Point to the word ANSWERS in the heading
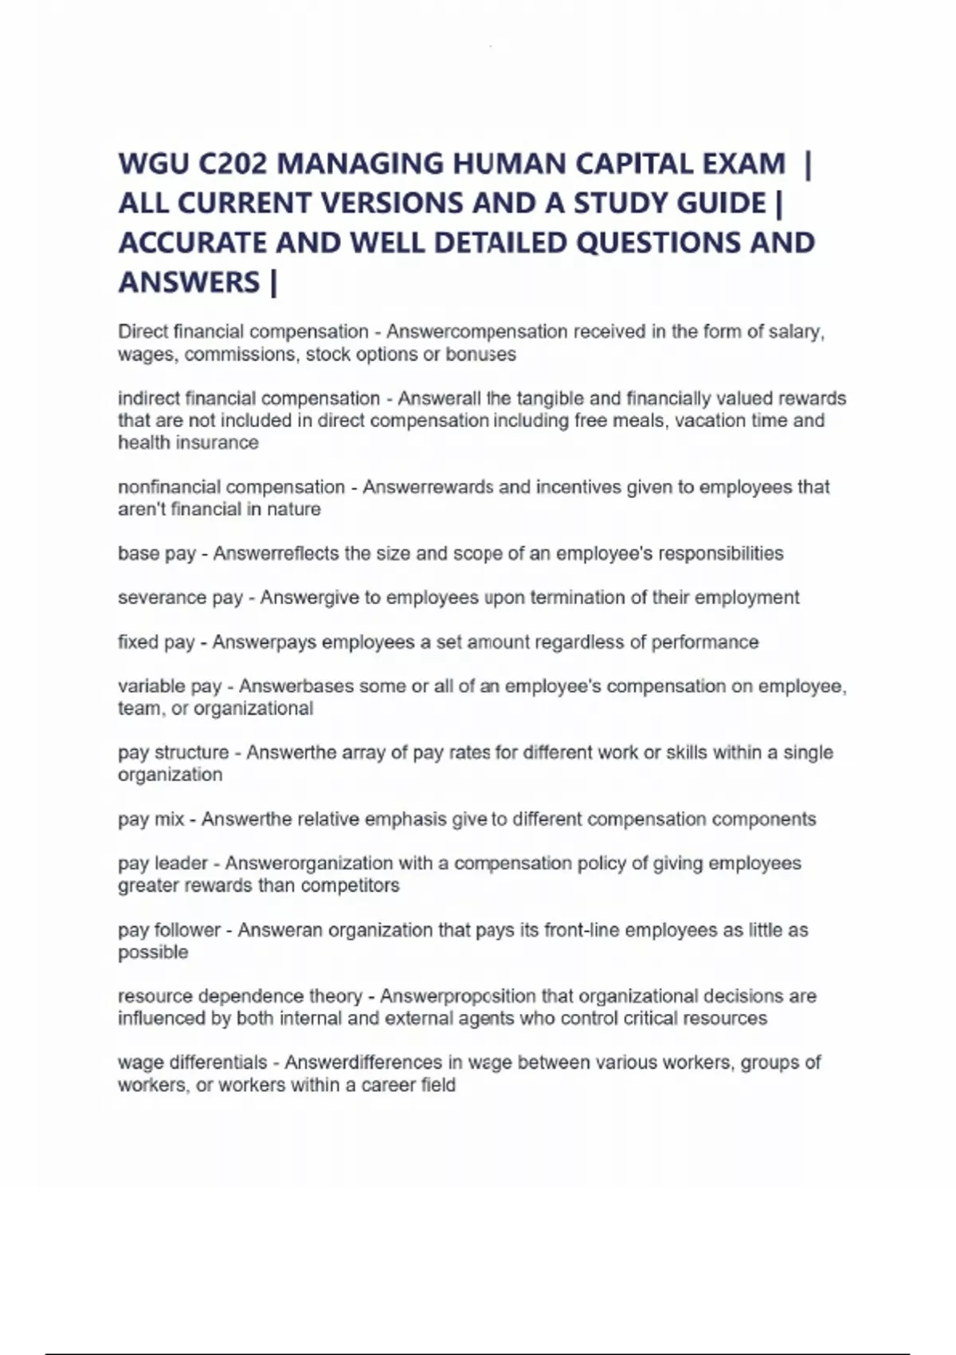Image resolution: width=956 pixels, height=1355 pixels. tap(189, 282)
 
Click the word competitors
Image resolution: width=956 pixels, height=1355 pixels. tap(351, 886)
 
